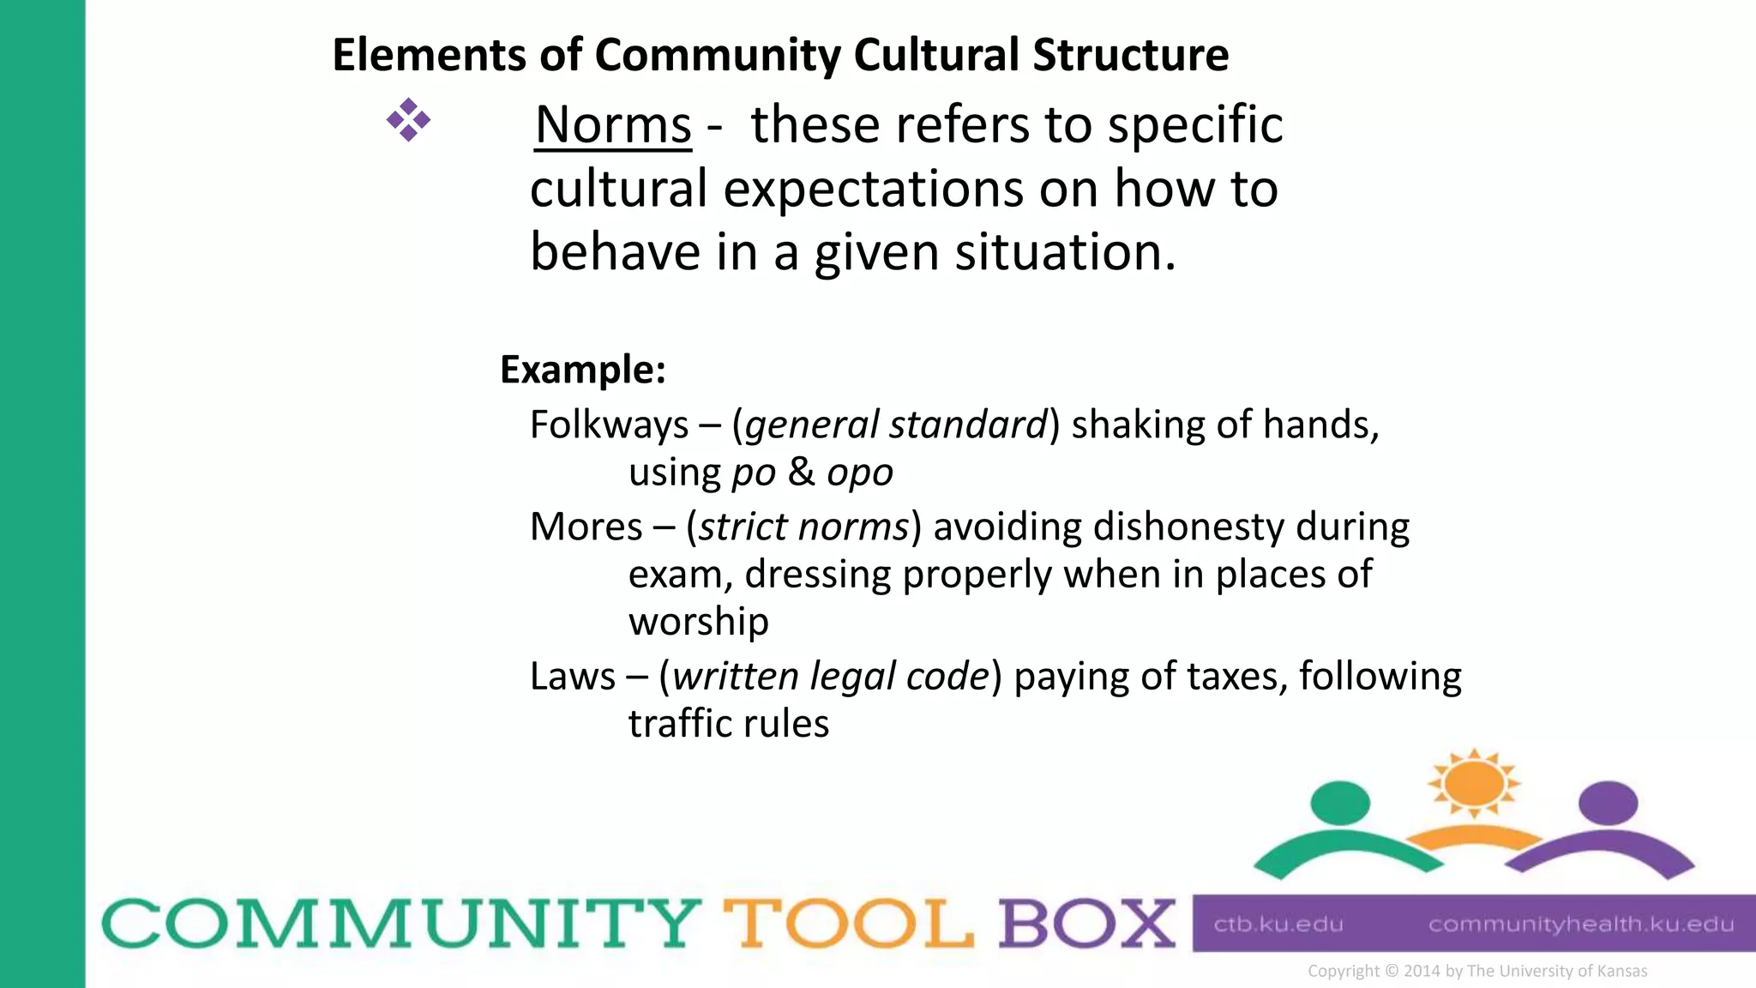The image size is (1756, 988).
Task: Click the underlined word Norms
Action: pos(613,125)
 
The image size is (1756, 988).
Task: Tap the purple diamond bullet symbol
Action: pos(408,120)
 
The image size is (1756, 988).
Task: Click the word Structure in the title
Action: pos(1130,56)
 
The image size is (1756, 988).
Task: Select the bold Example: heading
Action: pos(583,370)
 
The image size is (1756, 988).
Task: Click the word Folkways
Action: pos(609,425)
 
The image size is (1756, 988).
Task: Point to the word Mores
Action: pos(586,527)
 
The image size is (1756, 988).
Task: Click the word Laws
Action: pos(572,677)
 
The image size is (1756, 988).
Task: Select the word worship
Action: pos(698,622)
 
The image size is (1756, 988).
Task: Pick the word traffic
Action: pos(677,724)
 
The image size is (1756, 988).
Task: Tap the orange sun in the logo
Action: pos(1473,782)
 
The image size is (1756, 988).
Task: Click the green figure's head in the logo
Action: pos(1340,803)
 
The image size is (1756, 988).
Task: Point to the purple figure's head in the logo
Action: pos(1608,803)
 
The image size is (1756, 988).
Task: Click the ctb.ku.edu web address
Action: pos(1278,925)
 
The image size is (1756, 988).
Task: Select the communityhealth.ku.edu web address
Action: pos(1580,925)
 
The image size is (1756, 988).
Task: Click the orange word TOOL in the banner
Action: pos(848,925)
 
